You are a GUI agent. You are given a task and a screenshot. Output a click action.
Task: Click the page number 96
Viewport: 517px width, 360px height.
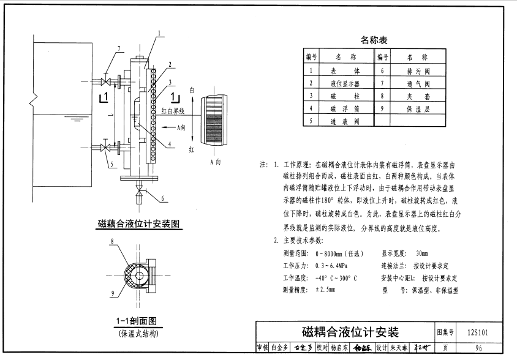pos(478,348)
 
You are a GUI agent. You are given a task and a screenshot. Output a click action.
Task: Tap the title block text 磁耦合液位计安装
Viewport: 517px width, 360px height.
pos(350,332)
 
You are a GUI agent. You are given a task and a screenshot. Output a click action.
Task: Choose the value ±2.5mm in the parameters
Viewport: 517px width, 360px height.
pos(325,290)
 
